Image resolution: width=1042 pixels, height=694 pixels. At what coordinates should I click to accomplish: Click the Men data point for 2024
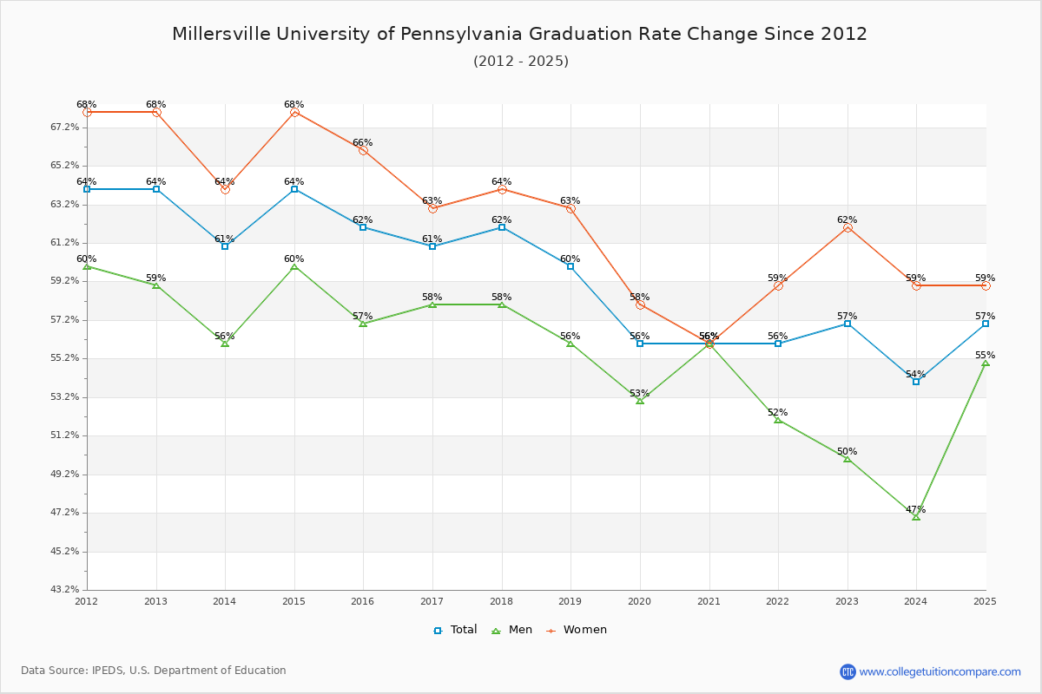pyautogui.click(x=916, y=516)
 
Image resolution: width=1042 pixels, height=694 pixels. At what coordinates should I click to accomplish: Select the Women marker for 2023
pyautogui.click(x=847, y=227)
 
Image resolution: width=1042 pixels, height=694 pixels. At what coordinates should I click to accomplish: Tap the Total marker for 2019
pyautogui.click(x=570, y=266)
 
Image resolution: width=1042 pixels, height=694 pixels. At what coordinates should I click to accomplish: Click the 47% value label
pyautogui.click(x=915, y=509)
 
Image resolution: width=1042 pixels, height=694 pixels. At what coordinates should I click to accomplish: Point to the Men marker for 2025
pyautogui.click(x=986, y=363)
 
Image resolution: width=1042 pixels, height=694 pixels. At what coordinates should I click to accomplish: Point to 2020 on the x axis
pyautogui.click(x=640, y=600)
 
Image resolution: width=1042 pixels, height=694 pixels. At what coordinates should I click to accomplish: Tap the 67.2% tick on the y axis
pyautogui.click(x=65, y=127)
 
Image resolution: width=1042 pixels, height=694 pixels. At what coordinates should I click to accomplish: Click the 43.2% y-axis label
pyautogui.click(x=65, y=590)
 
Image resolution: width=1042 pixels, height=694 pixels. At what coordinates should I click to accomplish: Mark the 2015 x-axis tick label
pyautogui.click(x=294, y=600)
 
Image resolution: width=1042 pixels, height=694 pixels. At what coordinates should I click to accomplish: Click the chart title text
pyautogui.click(x=519, y=34)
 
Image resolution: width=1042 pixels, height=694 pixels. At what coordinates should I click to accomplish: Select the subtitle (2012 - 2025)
pyautogui.click(x=521, y=61)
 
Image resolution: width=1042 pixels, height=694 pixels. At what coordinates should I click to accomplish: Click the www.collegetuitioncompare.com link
pyautogui.click(x=940, y=671)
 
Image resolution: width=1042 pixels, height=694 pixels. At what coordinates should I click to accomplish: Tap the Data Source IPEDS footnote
pyautogui.click(x=154, y=671)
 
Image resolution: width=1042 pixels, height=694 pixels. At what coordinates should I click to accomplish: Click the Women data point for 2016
pyautogui.click(x=363, y=150)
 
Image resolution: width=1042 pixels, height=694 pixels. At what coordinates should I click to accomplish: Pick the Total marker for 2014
pyautogui.click(x=225, y=246)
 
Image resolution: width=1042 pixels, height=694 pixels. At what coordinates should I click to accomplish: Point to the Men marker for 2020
pyautogui.click(x=640, y=401)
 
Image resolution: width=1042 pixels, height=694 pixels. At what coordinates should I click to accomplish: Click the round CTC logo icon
pyautogui.click(x=847, y=671)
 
